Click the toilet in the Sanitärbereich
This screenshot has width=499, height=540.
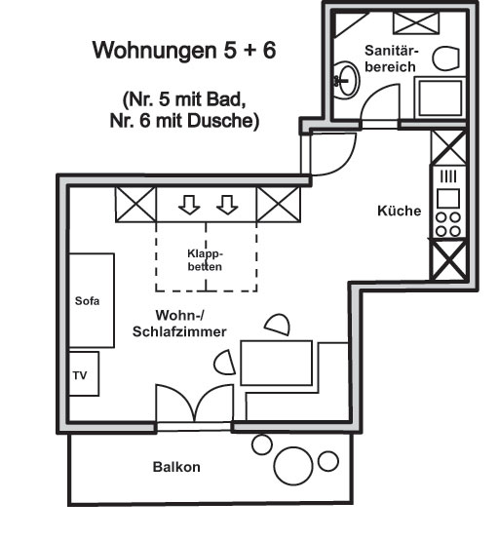(x=445, y=58)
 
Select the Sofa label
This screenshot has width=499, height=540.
(x=87, y=301)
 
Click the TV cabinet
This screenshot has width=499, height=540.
(x=84, y=373)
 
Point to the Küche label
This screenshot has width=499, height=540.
(x=400, y=211)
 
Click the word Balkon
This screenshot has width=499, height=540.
(x=176, y=467)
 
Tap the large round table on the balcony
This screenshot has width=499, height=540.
(x=293, y=466)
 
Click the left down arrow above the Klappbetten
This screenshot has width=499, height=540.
(x=189, y=206)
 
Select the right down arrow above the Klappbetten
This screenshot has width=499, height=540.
(x=227, y=206)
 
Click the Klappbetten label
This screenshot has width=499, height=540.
(x=205, y=260)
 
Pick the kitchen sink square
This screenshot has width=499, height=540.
(x=448, y=199)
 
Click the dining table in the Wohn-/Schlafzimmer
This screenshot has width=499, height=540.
(x=277, y=363)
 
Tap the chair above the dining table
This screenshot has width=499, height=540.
(x=278, y=324)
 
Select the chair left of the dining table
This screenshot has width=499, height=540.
(x=225, y=363)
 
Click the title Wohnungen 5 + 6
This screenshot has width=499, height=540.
(x=184, y=50)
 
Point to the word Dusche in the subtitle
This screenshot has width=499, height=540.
(x=223, y=121)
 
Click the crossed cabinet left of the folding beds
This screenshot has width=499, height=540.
(x=135, y=205)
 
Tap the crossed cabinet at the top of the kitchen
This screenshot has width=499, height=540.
(x=448, y=147)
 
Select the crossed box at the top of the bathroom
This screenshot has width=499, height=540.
(x=416, y=23)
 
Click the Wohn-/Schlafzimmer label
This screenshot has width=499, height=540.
(x=179, y=324)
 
